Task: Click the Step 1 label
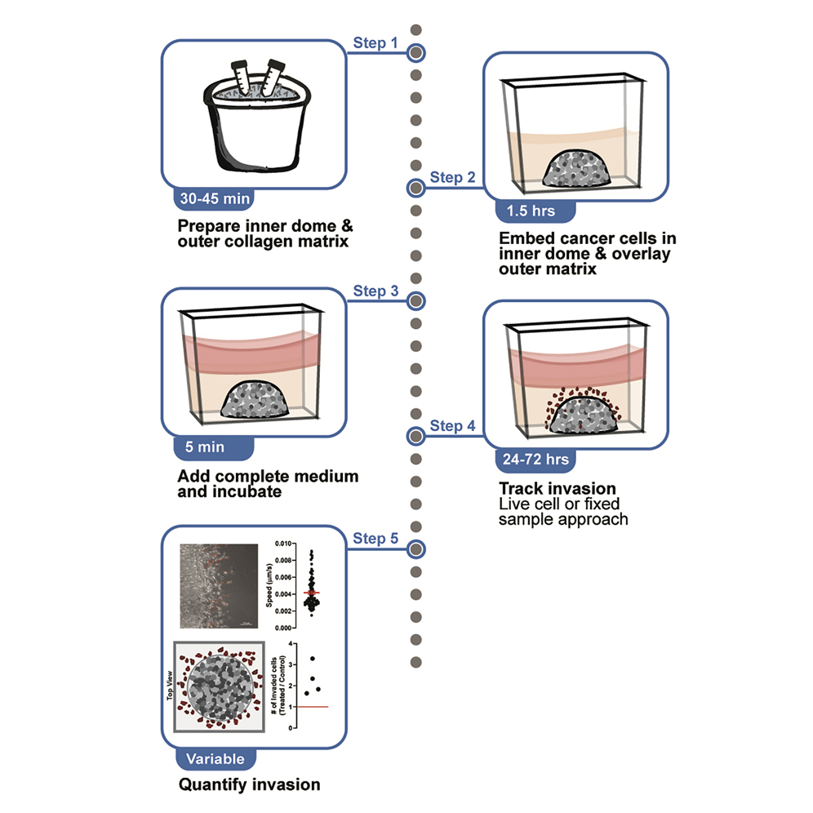(x=375, y=42)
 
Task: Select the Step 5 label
(x=375, y=538)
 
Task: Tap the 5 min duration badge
(x=211, y=446)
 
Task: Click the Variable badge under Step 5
(x=215, y=758)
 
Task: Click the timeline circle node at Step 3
(x=416, y=300)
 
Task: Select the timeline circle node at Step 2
(x=416, y=189)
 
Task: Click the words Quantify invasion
(x=249, y=785)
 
